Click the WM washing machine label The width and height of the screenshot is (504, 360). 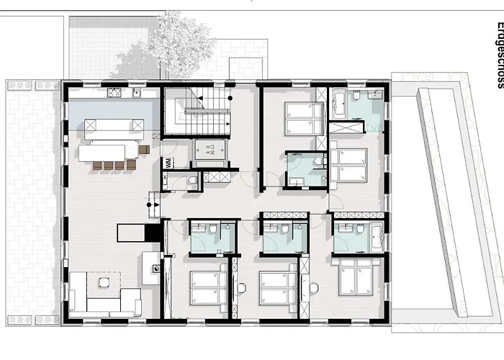click(169, 163)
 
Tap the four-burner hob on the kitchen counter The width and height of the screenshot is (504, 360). click(114, 93)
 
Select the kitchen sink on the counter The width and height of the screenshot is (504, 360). click(137, 93)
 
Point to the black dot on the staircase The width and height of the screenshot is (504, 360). click(230, 98)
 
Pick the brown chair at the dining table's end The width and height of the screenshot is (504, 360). click(144, 150)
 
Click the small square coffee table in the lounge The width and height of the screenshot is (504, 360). click(104, 282)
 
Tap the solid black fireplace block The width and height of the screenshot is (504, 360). click(153, 233)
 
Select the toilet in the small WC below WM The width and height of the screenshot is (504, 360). click(192, 180)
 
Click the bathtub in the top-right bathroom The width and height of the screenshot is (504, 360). click(339, 103)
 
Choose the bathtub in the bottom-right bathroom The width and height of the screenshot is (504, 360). click(377, 237)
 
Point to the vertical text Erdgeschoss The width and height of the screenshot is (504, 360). click(500, 55)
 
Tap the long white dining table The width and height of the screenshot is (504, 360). click(102, 153)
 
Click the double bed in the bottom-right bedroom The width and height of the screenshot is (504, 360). click(356, 276)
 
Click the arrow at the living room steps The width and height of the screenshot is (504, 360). click(157, 204)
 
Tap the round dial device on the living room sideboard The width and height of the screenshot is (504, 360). click(157, 269)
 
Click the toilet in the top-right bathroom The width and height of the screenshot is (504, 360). click(356, 95)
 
